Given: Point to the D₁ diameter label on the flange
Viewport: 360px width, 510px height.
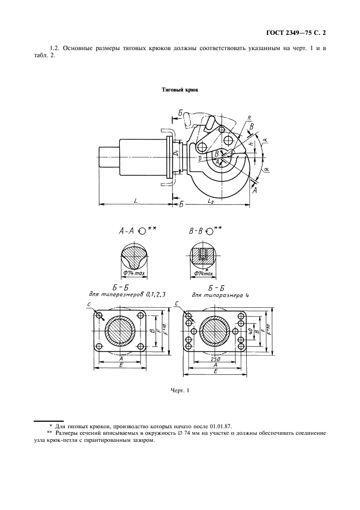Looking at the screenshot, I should [177, 154].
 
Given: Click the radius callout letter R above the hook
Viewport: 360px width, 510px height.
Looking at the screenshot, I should [248, 117].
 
